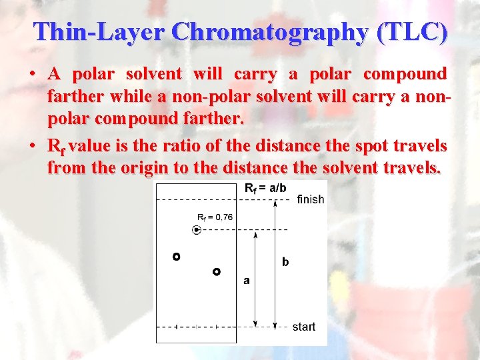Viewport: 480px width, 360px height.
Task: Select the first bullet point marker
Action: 33,73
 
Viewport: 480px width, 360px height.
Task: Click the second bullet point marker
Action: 33,145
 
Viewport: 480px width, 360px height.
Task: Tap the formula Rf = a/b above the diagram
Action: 266,188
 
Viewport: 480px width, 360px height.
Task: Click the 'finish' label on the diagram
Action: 310,199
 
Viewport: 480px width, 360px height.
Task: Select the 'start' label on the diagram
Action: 304,327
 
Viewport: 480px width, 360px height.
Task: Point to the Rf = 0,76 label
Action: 215,217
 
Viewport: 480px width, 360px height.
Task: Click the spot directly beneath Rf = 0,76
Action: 197,230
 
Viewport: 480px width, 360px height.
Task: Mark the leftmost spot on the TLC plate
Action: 177,257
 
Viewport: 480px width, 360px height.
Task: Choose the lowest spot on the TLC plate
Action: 217,271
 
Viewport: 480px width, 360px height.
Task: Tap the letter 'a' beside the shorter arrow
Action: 247,281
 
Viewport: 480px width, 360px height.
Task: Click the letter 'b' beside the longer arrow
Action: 285,262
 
